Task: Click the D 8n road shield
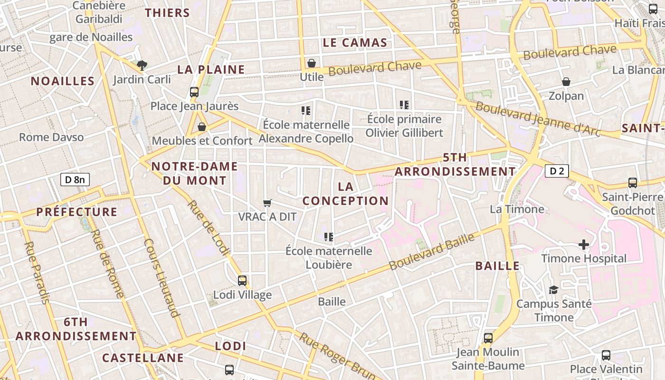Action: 75,180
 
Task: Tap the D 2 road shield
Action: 557,171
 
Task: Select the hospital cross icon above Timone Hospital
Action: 584,245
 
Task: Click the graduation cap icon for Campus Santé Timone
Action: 553,290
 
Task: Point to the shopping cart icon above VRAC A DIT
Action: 267,203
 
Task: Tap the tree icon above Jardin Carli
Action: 141,66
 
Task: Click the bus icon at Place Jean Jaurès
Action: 194,92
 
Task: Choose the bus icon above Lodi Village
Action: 242,281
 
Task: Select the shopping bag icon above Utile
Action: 312,63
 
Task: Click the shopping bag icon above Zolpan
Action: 566,82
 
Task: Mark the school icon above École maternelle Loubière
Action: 328,237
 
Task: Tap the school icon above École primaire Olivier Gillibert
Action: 404,105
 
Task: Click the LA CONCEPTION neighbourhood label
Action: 345,193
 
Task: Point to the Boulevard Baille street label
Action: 432,252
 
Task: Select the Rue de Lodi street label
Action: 209,228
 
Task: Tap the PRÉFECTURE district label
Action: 77,212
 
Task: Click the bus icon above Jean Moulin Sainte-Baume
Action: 488,338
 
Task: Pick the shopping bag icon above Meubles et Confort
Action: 202,127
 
